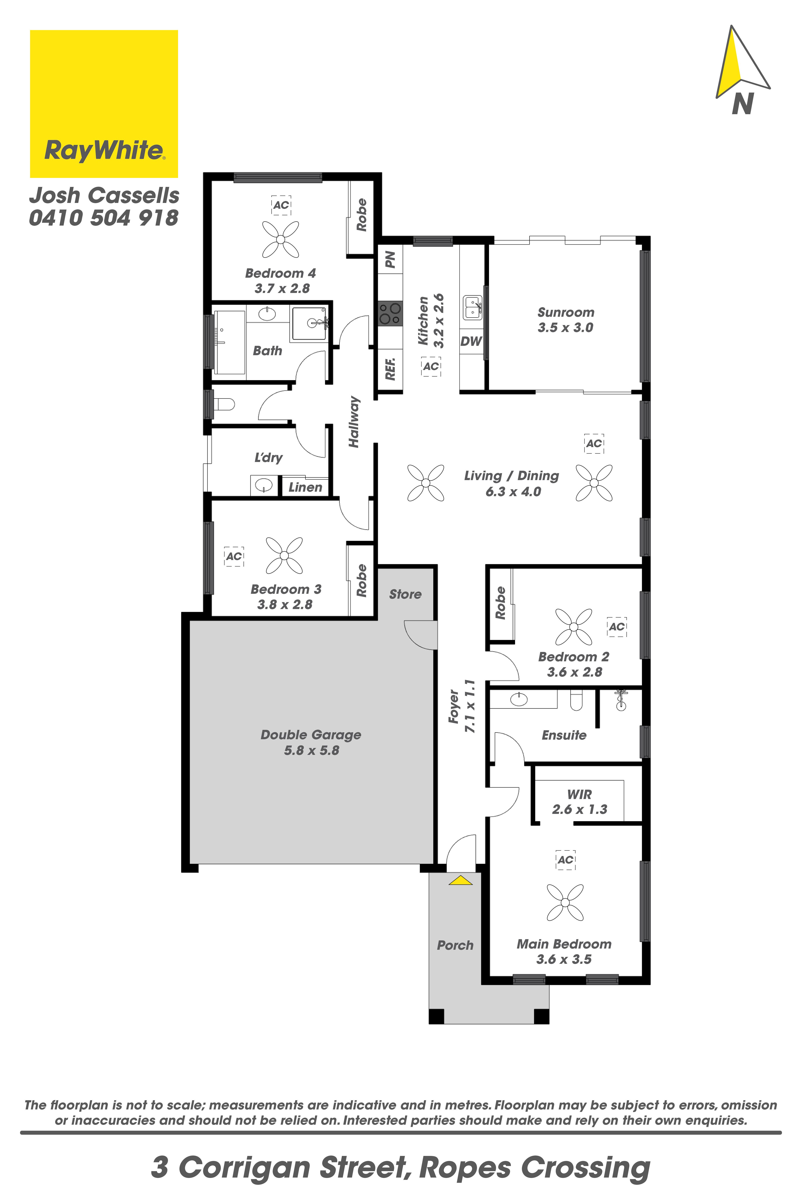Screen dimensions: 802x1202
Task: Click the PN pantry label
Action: click(390, 259)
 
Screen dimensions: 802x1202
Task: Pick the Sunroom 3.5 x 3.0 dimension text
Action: click(565, 328)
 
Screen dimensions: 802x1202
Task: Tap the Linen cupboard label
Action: click(305, 487)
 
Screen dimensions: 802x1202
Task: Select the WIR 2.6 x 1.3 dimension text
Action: click(579, 810)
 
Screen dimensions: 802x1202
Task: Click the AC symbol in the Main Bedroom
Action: click(565, 860)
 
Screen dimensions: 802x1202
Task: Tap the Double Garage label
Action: click(311, 735)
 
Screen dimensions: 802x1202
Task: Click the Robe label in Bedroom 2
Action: click(500, 603)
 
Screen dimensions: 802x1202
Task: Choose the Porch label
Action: click(455, 945)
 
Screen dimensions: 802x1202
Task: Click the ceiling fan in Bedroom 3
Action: click(284, 556)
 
